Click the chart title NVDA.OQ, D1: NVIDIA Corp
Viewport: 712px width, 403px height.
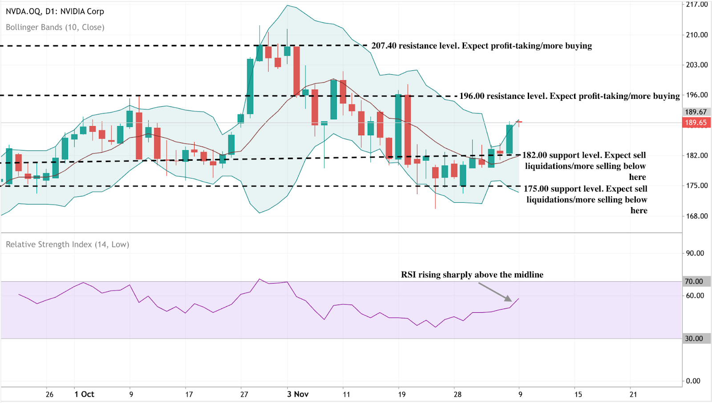[55, 12]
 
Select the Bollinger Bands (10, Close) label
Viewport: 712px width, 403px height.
[55, 27]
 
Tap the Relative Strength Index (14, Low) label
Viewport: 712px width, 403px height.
[67, 244]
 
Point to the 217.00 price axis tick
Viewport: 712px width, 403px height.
[696, 4]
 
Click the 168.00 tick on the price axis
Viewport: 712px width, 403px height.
[696, 216]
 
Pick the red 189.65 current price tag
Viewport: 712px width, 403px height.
[696, 122]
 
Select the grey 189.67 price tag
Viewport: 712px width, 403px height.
[696, 112]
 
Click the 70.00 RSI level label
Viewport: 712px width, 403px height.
[694, 281]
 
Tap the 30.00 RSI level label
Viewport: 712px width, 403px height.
[694, 338]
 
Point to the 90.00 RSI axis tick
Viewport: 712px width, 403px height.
[695, 253]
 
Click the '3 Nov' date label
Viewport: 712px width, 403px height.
[298, 394]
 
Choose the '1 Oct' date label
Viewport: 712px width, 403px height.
[84, 394]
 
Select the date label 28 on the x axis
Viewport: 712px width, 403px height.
[457, 394]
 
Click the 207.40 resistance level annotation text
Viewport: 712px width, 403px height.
[481, 46]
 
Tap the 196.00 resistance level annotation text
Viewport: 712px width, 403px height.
[570, 96]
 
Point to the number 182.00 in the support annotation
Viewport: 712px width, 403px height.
[535, 155]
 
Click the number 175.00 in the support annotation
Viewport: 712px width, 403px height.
[536, 189]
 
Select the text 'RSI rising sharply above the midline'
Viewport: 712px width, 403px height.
[472, 275]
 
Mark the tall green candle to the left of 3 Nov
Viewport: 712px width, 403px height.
[250, 86]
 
